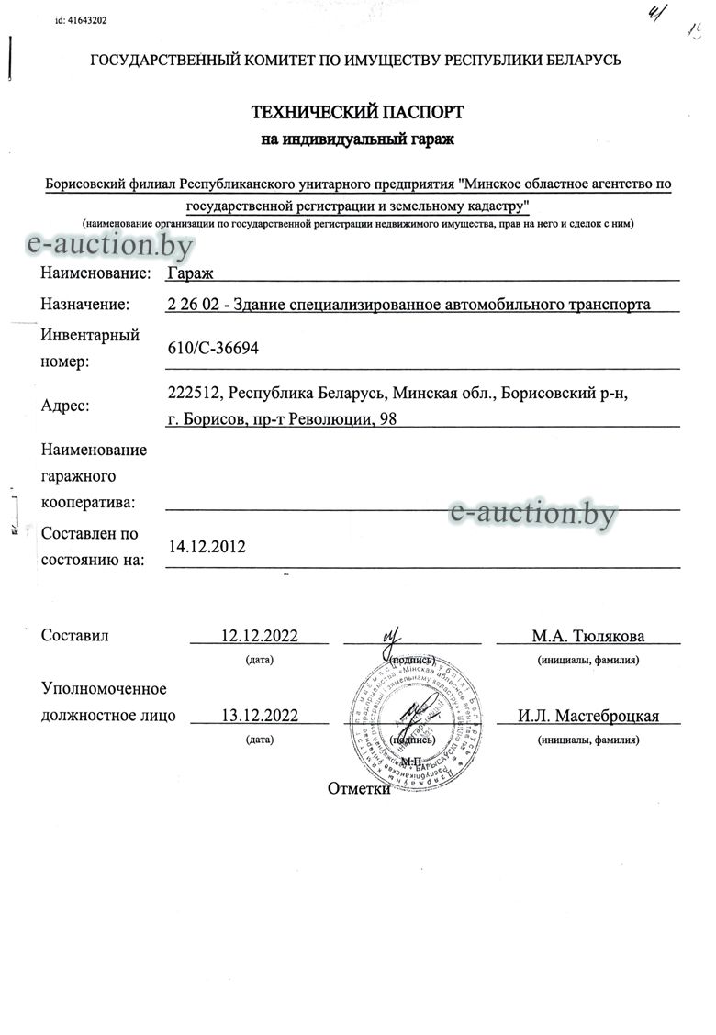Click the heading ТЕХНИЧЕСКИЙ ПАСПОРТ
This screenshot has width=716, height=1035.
click(x=358, y=113)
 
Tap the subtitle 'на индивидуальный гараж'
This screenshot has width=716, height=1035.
click(x=358, y=139)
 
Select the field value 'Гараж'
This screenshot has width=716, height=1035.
click(x=188, y=273)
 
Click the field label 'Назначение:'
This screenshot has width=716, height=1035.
click(x=84, y=305)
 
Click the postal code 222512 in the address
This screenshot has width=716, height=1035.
click(x=195, y=394)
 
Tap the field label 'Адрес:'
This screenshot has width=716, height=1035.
click(x=66, y=406)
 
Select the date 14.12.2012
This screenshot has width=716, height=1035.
click(x=207, y=547)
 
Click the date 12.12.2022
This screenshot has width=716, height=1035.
click(x=261, y=636)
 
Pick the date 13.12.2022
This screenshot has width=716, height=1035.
click(x=261, y=717)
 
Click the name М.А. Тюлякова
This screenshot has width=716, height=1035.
click(x=587, y=636)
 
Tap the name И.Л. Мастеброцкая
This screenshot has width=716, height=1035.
click(x=587, y=717)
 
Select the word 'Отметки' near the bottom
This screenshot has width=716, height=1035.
click(x=360, y=789)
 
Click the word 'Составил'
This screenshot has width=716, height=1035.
click(x=75, y=636)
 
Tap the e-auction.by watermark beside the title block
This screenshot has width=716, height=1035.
click(x=111, y=244)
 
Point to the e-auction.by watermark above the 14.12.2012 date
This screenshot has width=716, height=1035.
click(x=532, y=513)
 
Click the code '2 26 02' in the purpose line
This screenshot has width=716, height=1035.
click(x=194, y=305)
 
